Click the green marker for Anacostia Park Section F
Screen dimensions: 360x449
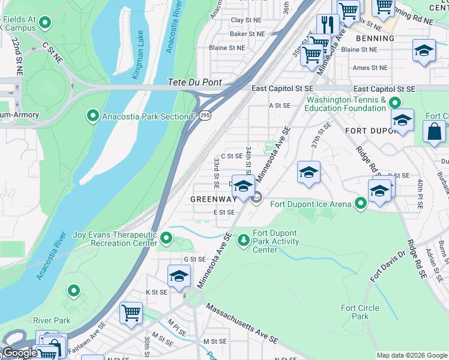[x=93, y=115]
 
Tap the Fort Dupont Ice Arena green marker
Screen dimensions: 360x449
[x=360, y=204]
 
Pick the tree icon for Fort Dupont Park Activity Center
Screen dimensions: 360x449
[x=243, y=240]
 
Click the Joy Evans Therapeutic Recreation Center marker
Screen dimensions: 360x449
[x=167, y=240]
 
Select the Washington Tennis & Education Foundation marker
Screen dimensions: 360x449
[x=394, y=103]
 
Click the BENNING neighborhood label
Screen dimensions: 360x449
[x=375, y=38]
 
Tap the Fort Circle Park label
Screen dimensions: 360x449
[x=360, y=312]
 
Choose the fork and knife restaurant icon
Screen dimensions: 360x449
[x=327, y=25]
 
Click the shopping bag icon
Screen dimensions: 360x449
[x=434, y=131]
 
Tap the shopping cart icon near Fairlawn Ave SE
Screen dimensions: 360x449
[x=131, y=313]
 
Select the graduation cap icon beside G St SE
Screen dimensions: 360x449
[x=179, y=275]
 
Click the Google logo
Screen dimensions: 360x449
[x=20, y=353]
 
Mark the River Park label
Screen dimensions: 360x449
[x=52, y=320]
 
